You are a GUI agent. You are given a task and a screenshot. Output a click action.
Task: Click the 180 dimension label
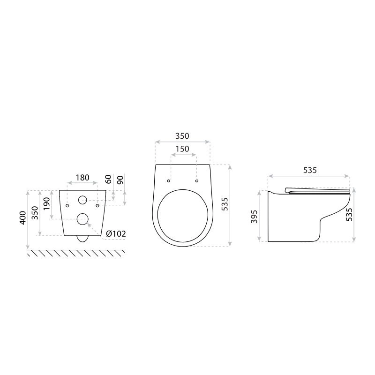click(x=82, y=178)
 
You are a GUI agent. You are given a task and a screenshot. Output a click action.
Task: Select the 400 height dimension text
click(x=23, y=217)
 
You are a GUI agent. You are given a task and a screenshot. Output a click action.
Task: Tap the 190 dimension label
click(x=46, y=203)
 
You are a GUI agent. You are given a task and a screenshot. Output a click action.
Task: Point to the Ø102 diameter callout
click(x=116, y=233)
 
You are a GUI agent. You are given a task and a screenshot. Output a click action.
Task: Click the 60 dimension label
click(x=108, y=179)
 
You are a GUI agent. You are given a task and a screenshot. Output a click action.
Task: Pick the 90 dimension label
click(x=120, y=180)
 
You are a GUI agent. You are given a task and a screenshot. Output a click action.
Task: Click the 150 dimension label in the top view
click(x=182, y=149)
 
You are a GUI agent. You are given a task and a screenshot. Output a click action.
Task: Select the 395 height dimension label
click(x=254, y=217)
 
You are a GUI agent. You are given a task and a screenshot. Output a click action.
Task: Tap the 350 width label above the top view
click(x=182, y=136)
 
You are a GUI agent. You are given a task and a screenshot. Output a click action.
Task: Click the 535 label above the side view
click(x=310, y=170)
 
